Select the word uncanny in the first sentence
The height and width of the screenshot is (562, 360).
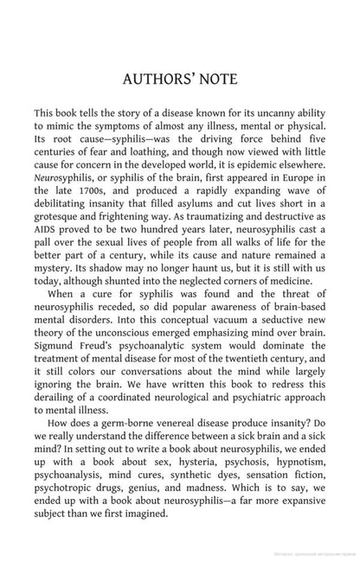[280, 114]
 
